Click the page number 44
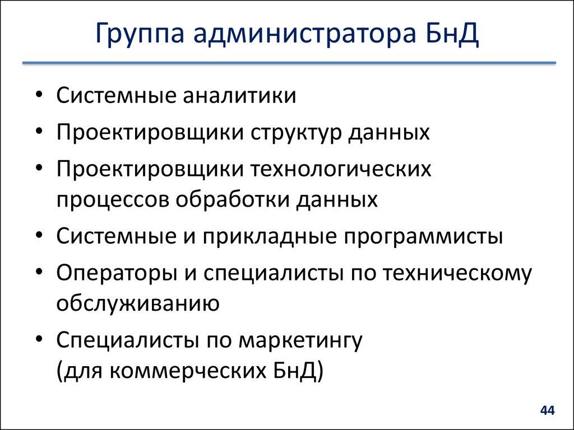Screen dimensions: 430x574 tap(547, 411)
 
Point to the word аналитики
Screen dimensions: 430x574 tap(239, 95)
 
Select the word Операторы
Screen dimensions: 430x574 tap(115, 274)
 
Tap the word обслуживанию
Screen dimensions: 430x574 tap(137, 304)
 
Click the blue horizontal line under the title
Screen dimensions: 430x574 tap(289, 63)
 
